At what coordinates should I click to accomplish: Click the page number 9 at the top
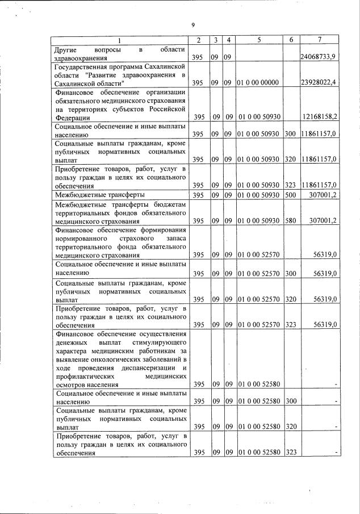[x=194, y=25]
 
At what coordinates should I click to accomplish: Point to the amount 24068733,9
[x=319, y=58]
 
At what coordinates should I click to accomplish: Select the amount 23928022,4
[x=319, y=83]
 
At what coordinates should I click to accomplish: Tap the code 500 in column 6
[x=290, y=195]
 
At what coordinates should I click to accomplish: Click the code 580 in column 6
[x=290, y=220]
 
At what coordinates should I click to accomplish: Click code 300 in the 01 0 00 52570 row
[x=290, y=274]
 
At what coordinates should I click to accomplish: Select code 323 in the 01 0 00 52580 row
[x=290, y=452]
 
